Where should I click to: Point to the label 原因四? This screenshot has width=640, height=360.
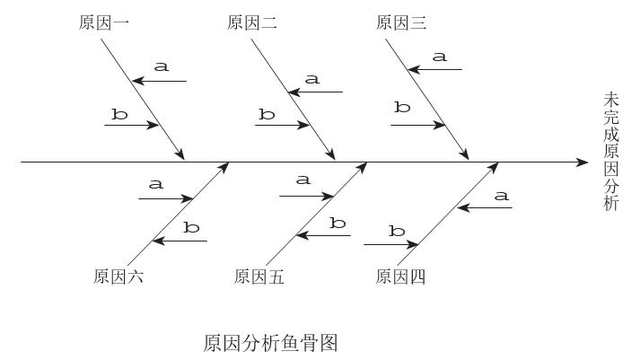click(x=400, y=277)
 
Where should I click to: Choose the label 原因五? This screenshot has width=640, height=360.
click(x=259, y=277)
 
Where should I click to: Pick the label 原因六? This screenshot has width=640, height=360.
click(x=118, y=277)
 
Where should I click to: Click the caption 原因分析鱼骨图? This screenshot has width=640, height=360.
click(x=270, y=342)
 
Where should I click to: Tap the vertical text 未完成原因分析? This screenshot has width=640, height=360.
click(x=611, y=151)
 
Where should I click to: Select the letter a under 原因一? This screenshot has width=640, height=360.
click(x=162, y=66)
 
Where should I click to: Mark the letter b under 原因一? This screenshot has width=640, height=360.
click(x=119, y=114)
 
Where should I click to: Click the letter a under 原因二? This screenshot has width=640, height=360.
click(x=312, y=79)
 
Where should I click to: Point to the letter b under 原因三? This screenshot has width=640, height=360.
click(x=402, y=108)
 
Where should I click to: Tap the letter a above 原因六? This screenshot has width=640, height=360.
click(x=156, y=185)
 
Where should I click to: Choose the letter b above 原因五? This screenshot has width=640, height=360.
click(x=338, y=223)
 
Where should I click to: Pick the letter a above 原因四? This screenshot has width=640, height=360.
click(x=502, y=196)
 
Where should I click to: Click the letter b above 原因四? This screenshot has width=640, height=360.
click(x=397, y=231)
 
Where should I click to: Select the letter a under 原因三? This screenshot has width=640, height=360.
click(x=439, y=57)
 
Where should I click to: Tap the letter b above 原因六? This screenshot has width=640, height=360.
click(x=191, y=228)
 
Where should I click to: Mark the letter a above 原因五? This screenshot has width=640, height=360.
click(x=303, y=180)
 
